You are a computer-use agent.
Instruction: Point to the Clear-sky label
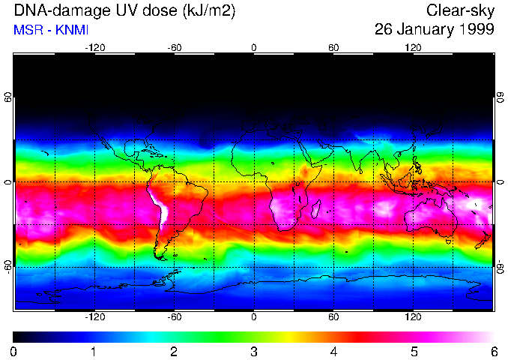460,11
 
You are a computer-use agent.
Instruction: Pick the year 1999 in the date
477,30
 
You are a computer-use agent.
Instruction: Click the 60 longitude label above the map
333,47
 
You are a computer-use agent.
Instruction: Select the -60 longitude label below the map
174,317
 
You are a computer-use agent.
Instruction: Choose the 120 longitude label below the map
413,317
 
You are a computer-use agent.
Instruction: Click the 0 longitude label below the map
254,317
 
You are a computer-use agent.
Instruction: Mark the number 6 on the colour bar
493,351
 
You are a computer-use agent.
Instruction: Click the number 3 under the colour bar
253,351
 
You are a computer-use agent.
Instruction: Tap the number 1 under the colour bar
94,351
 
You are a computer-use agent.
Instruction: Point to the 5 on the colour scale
414,351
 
